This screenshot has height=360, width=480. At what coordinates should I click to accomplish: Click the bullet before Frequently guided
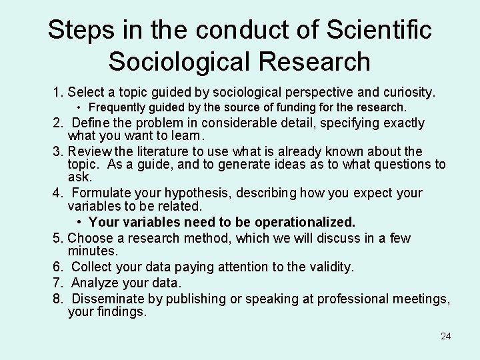coord(79,107)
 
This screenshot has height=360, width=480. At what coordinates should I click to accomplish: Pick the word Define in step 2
coord(93,123)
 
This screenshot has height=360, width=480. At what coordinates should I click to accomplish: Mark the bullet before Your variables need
coord(79,221)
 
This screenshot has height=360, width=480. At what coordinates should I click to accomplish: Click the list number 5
coord(58,238)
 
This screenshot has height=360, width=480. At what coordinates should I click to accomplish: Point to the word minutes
coord(93,251)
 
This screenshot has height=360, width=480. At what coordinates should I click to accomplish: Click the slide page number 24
coord(446,336)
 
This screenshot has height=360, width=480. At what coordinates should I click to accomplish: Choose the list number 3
coord(58,151)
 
